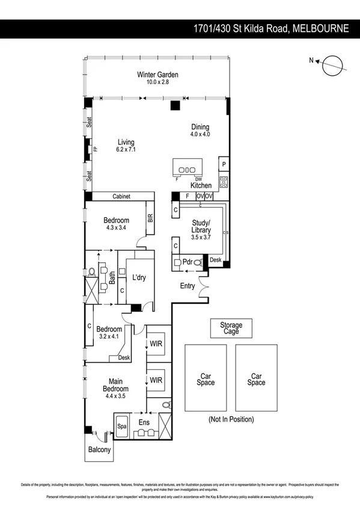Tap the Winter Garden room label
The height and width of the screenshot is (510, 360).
157,75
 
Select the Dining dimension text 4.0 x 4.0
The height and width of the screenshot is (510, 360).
200,135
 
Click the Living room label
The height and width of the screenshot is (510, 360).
126,142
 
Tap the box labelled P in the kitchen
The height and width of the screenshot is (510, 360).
224,164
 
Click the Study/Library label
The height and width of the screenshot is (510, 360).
201,226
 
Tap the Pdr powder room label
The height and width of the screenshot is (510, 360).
186,262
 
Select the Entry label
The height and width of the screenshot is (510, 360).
188,286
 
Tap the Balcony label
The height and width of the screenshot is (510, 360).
99,450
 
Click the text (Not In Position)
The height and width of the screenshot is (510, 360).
231,419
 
